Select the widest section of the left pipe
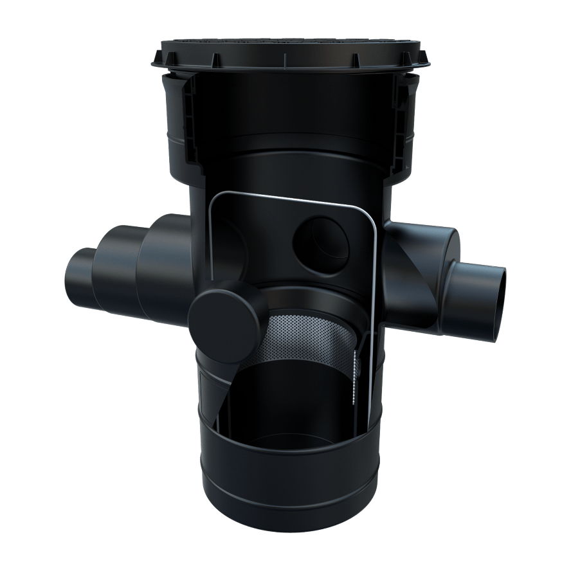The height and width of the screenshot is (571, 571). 161,270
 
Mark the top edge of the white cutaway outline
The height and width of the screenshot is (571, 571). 289,197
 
